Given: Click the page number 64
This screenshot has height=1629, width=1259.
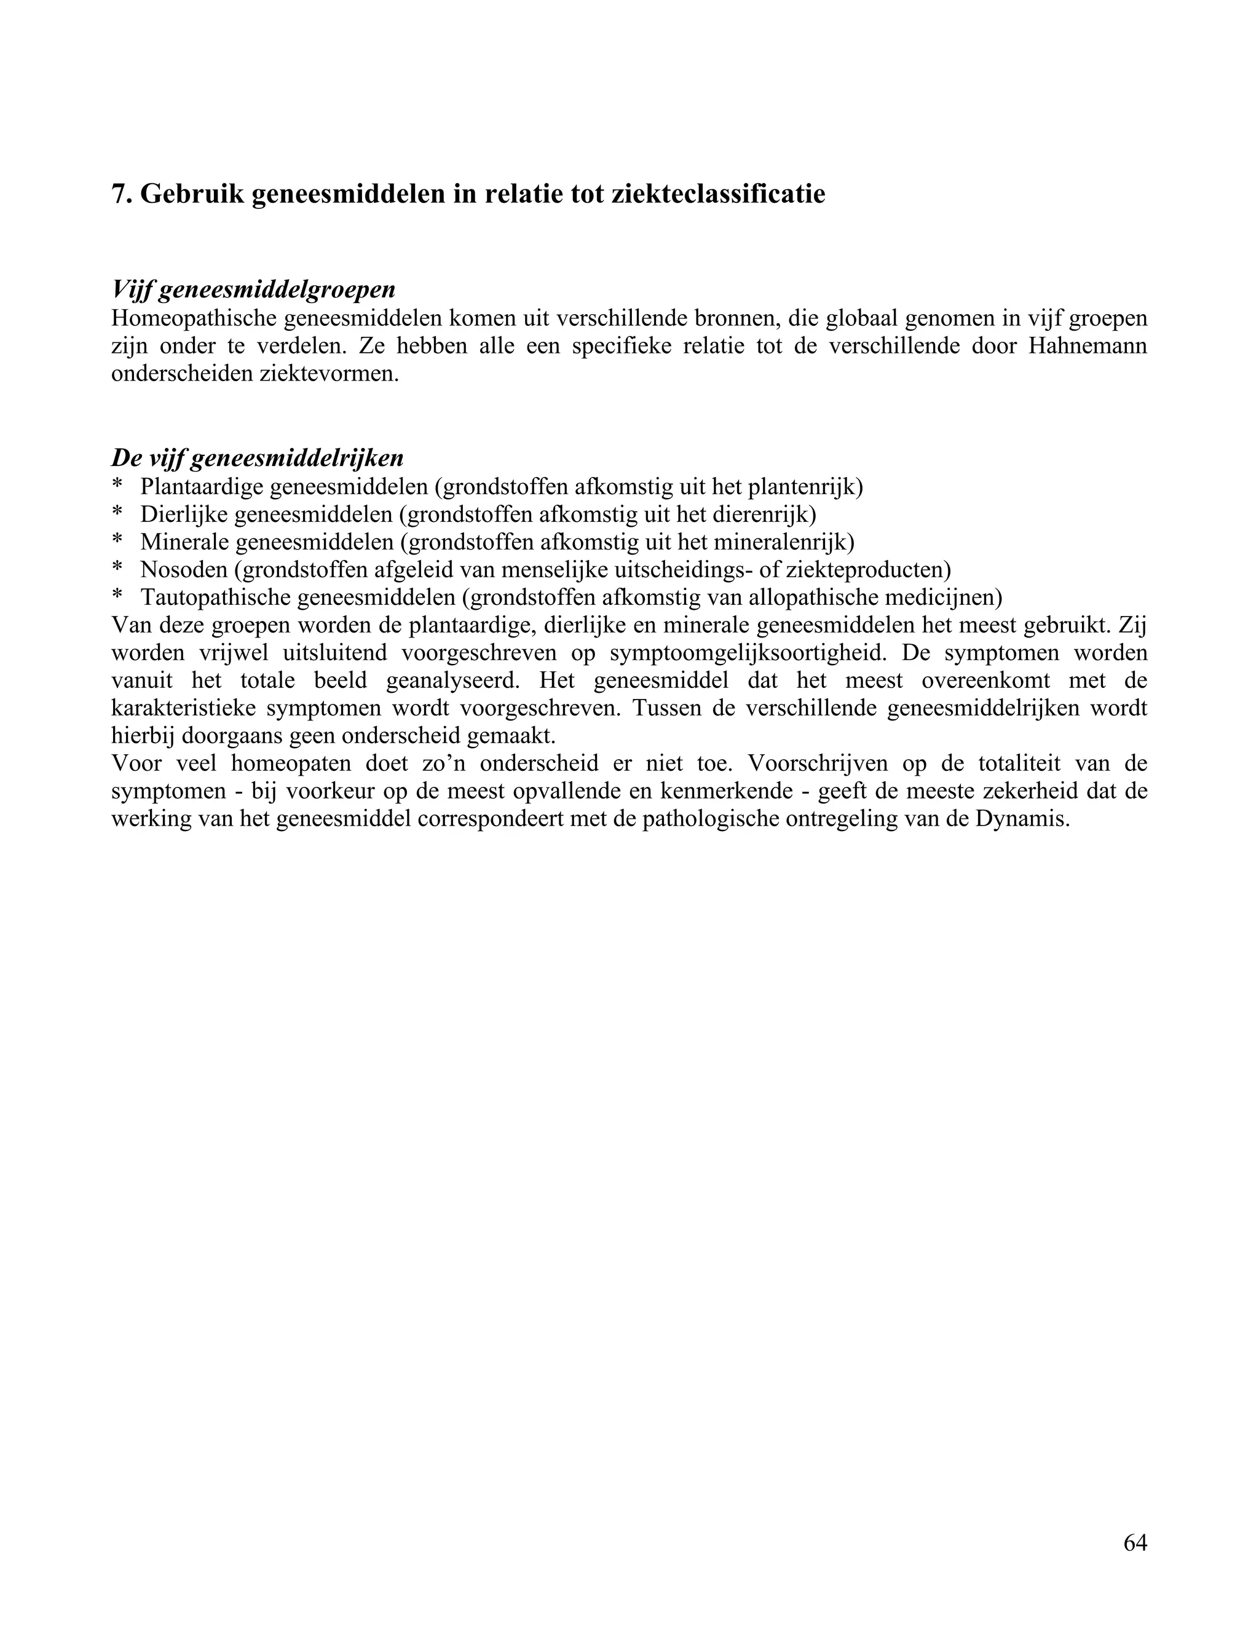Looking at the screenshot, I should point(1134,1542).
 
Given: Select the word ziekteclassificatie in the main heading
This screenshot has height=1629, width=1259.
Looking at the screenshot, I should point(717,195).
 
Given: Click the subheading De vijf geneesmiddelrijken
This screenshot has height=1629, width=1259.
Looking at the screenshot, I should point(258,457).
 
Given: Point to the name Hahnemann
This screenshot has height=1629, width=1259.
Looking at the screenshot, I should point(1087,346).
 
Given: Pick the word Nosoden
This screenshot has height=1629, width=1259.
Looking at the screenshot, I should point(183,570).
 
